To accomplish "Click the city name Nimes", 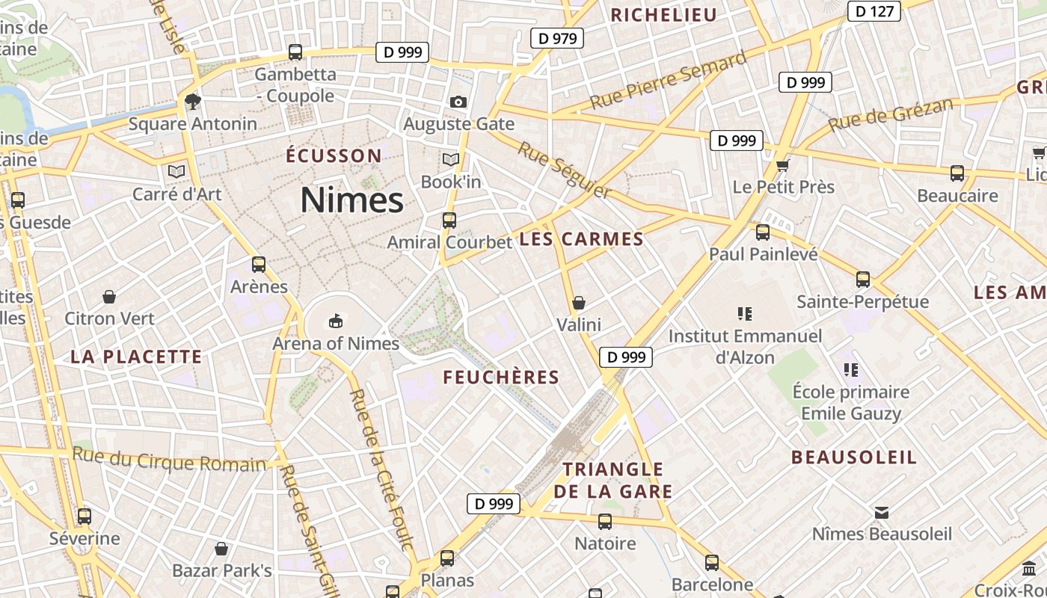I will click(351, 200).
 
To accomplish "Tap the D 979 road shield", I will click(556, 38).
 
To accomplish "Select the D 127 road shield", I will click(873, 11).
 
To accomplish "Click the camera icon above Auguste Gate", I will click(458, 102).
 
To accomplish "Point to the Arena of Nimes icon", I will click(336, 321).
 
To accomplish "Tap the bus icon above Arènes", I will click(259, 264).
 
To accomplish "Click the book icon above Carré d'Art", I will click(176, 171).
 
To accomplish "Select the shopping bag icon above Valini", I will click(578, 303).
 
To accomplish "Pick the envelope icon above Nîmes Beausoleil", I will click(882, 512).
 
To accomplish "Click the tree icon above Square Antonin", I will click(192, 101).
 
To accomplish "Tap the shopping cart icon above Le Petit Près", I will click(782, 164).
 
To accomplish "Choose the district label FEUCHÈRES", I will click(501, 377).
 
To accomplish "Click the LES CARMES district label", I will click(581, 239).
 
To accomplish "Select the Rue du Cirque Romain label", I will click(169, 460).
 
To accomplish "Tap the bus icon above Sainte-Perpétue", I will click(863, 280).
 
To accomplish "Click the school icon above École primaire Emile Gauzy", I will click(850, 369).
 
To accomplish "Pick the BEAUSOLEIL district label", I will click(854, 457).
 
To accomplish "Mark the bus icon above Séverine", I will click(85, 516).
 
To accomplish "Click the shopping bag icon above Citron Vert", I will click(109, 297).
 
